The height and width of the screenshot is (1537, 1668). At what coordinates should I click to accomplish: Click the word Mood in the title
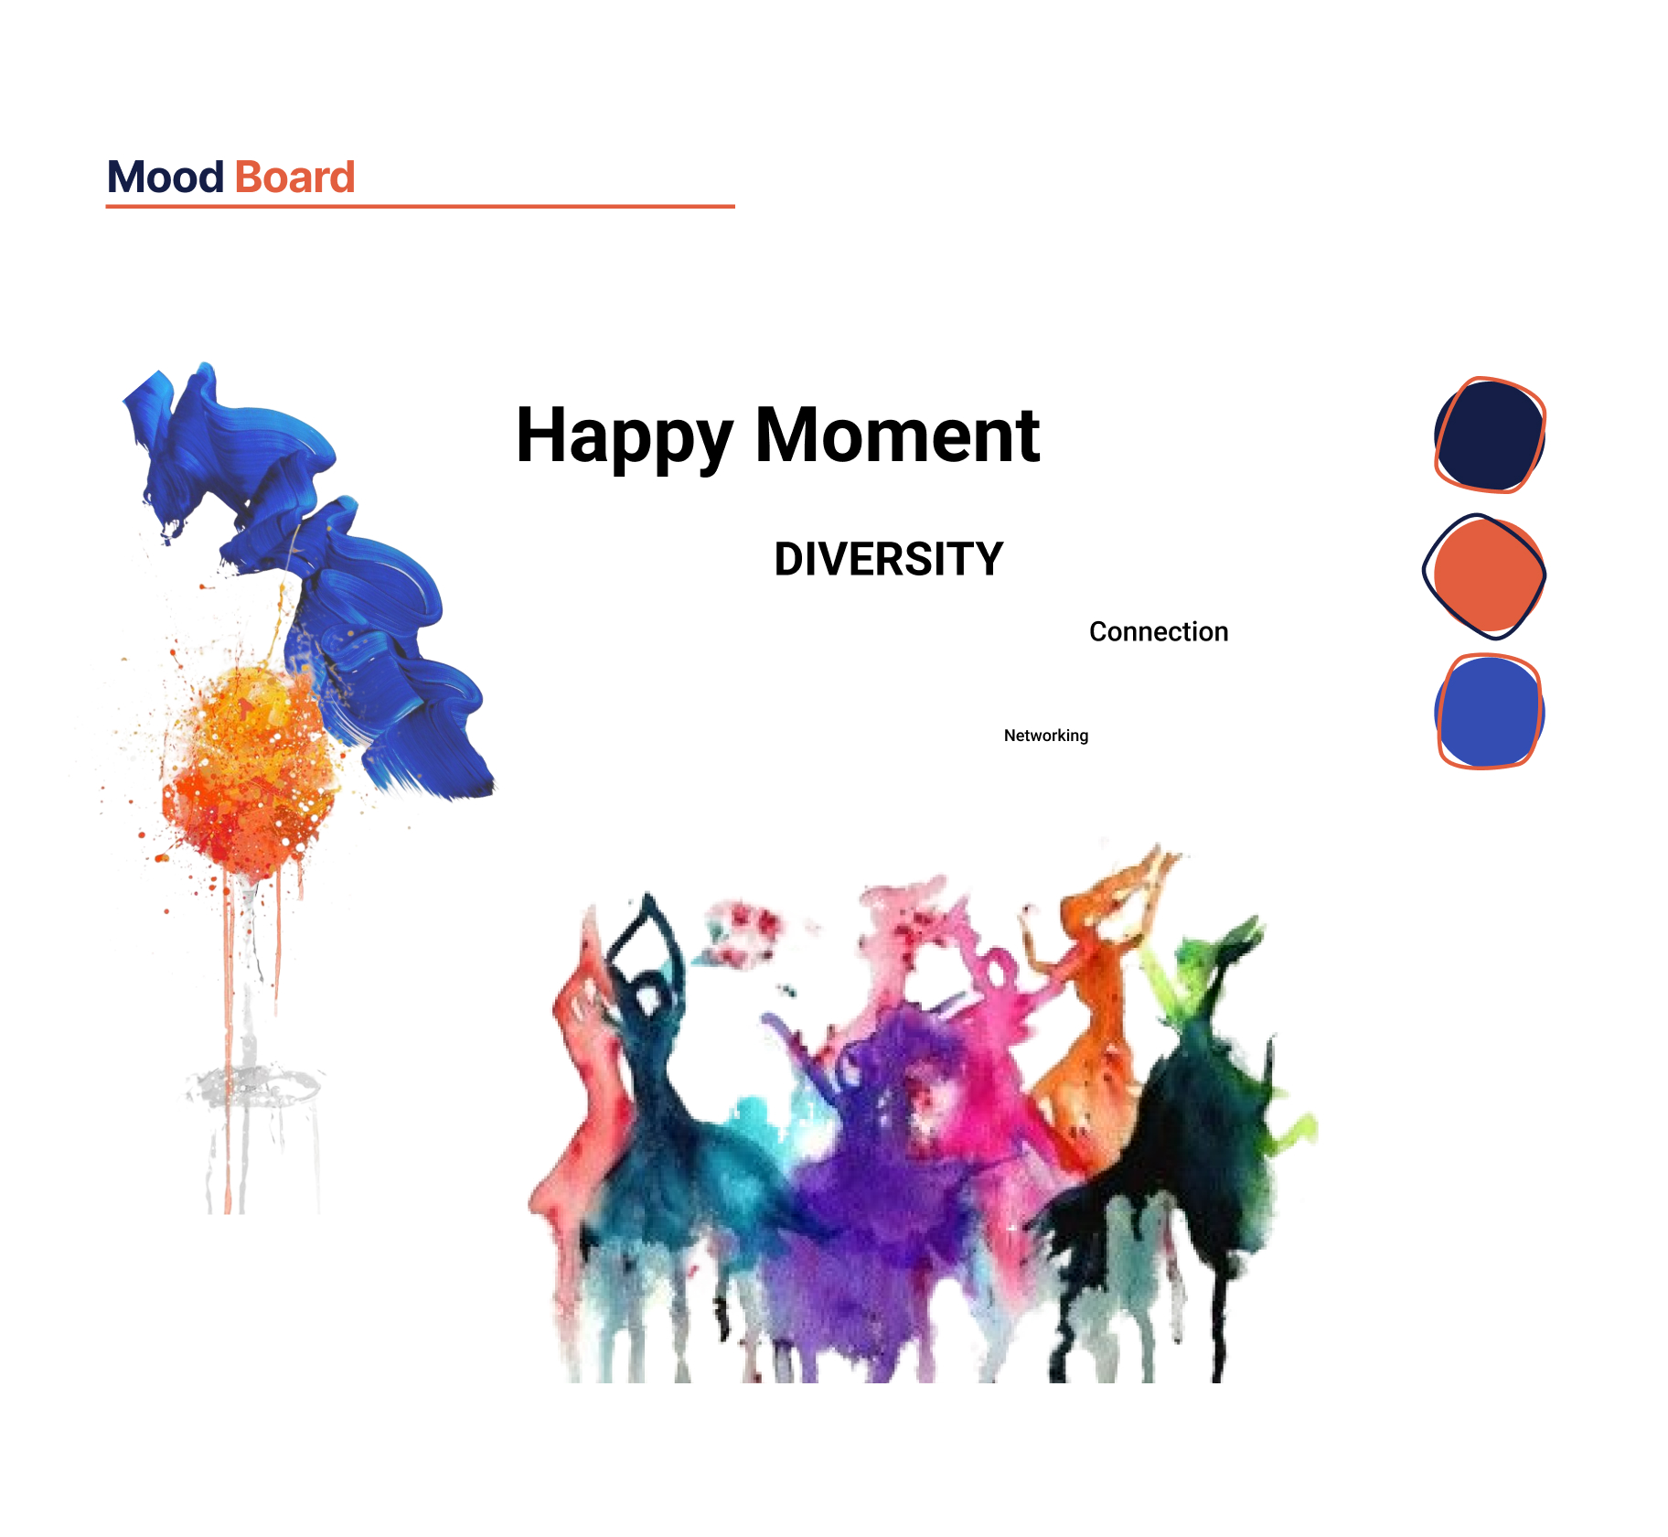tap(166, 177)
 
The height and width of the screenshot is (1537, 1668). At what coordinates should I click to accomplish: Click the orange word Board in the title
tap(294, 177)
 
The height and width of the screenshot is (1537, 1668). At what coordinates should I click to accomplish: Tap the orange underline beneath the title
tap(421, 207)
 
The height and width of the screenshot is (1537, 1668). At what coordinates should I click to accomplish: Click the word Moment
tap(897, 435)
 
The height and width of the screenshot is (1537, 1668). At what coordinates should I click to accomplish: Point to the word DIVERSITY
tap(889, 559)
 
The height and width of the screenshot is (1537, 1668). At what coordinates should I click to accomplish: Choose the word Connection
tap(1159, 631)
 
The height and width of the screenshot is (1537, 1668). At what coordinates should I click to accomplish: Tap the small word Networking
tap(1046, 736)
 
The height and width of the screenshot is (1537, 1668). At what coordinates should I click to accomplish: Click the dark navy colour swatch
tap(1490, 435)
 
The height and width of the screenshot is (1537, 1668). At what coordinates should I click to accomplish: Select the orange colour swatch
tap(1485, 575)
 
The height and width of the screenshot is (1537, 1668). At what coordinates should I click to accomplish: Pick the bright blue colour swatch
tap(1489, 712)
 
